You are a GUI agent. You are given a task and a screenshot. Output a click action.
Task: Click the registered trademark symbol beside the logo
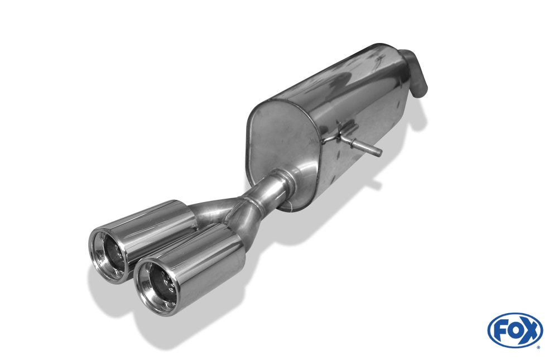coord(538,347)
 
